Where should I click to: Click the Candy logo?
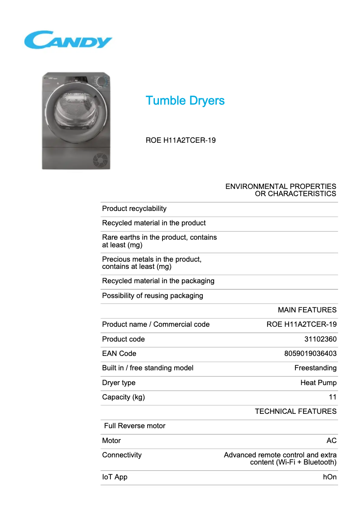pos(68,40)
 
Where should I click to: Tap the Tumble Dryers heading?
pos(185,101)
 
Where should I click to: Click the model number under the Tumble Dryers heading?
pos(180,140)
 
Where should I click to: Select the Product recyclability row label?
pos(134,209)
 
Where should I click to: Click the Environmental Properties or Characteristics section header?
pos(281,190)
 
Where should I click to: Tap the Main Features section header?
pos(307,310)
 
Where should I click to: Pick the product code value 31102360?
pos(320,339)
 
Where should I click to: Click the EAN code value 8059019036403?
pos(310,354)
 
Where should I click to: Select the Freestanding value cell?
pos(315,368)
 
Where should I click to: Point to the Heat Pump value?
pos(318,383)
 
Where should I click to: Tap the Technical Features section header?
pos(295,412)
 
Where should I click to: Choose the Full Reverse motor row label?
pos(135,426)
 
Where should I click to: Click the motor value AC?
pos(331,441)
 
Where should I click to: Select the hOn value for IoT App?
pos(329,477)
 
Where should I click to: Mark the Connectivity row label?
pos(122,455)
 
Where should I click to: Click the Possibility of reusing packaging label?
pos(153,296)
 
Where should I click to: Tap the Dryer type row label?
pos(119,383)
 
